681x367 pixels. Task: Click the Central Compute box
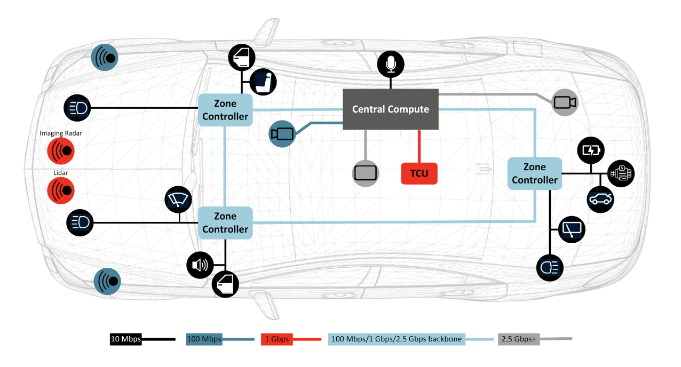pos(390,109)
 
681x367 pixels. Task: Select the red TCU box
pos(419,173)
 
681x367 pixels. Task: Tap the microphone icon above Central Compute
pos(391,65)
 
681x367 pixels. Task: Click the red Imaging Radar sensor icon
pos(61,151)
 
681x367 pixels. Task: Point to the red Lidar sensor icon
pos(61,189)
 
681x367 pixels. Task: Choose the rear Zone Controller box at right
pos(534,174)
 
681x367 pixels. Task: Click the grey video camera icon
pos(565,103)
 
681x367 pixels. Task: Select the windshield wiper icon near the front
pos(178,200)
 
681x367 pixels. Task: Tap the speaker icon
pos(200,265)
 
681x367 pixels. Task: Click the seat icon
pos(263,82)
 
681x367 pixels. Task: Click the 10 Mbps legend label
pos(125,339)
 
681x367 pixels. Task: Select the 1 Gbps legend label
pos(276,339)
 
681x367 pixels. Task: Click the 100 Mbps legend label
pos(204,339)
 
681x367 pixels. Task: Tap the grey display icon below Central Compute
pos(366,173)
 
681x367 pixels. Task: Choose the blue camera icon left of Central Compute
pos(282,134)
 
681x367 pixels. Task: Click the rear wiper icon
pos(572,230)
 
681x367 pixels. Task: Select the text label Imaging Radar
pos(61,133)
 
